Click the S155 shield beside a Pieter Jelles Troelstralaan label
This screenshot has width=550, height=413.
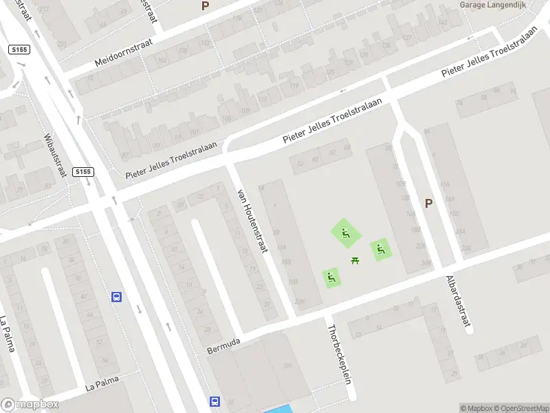[82, 171]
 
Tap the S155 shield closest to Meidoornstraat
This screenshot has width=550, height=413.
[19, 50]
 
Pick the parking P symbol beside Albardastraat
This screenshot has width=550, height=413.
[429, 204]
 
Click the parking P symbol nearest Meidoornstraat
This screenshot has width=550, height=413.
[205, 6]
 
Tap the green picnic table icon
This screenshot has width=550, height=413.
[355, 260]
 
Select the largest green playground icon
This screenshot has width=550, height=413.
[346, 233]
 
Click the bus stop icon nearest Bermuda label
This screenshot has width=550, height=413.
[214, 401]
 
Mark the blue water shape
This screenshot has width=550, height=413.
[278, 409]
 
